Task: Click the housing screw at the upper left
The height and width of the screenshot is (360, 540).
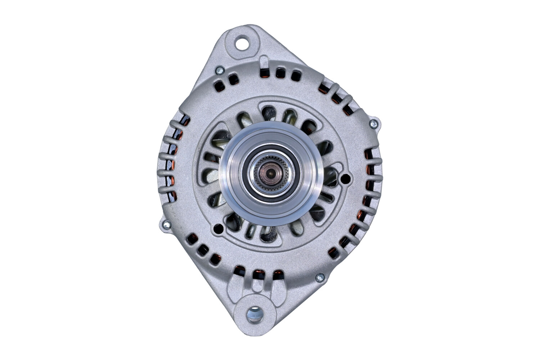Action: coord(219,71)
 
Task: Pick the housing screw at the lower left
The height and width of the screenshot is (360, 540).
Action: coord(166,225)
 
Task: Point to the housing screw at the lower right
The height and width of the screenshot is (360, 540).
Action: coord(319,277)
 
